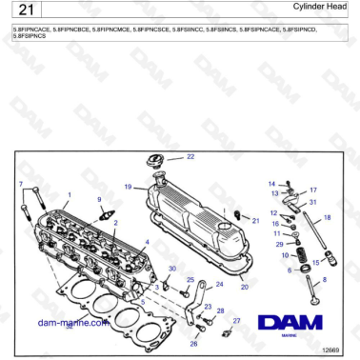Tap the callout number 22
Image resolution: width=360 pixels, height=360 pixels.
(190, 156)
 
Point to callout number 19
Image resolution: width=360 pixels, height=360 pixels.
(128, 186)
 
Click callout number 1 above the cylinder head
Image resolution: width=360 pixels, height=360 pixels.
(69, 194)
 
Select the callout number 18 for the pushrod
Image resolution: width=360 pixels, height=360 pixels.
(327, 218)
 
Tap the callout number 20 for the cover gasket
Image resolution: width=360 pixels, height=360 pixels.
(245, 286)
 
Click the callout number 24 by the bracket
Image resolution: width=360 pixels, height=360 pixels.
(219, 284)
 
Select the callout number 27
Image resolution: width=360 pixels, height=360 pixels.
(237, 321)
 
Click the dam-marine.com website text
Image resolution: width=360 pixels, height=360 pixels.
(71, 323)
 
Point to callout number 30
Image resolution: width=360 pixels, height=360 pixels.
(171, 270)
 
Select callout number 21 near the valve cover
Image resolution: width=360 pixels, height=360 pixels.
(255, 220)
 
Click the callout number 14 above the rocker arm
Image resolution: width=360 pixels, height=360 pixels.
(271, 183)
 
